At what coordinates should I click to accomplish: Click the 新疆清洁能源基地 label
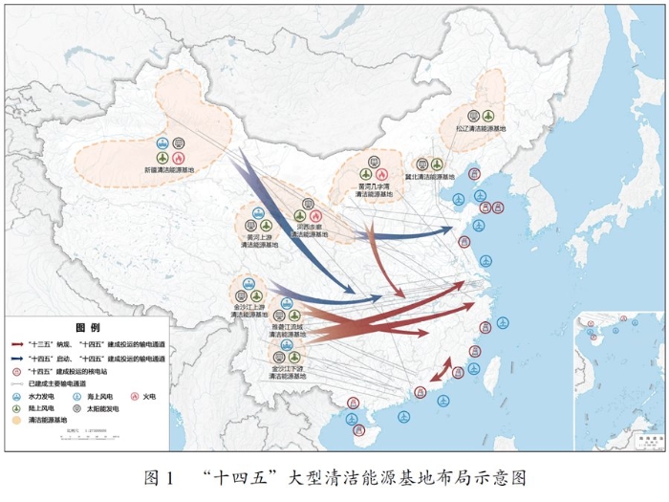[168, 170]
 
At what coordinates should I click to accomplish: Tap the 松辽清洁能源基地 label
[474, 127]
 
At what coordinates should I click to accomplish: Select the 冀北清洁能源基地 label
[428, 177]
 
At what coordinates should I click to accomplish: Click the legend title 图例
[88, 327]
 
